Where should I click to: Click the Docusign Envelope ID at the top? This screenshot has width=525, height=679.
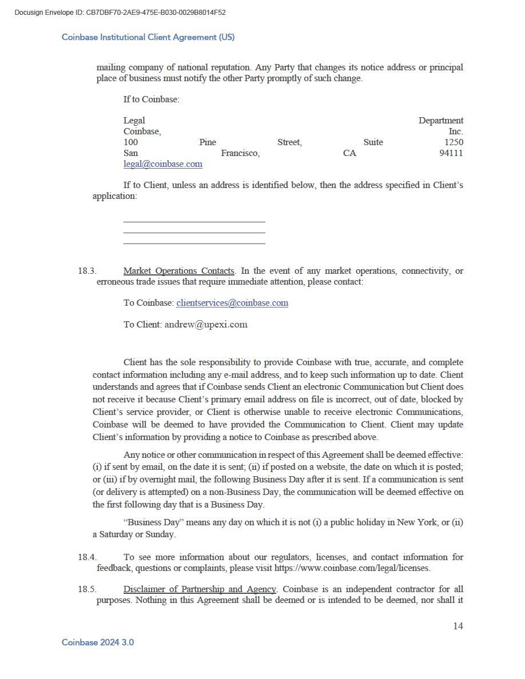pyautogui.click(x=120, y=13)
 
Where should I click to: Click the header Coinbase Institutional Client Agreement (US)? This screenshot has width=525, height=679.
pyautogui.click(x=148, y=37)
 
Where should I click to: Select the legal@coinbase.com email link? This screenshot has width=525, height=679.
pyautogui.click(x=163, y=164)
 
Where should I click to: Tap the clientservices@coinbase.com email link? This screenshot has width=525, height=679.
pyautogui.click(x=232, y=303)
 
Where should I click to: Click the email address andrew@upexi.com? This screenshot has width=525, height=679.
pyautogui.click(x=206, y=325)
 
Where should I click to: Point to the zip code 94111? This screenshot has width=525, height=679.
pyautogui.click(x=451, y=153)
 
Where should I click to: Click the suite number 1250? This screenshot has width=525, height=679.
pyautogui.click(x=454, y=142)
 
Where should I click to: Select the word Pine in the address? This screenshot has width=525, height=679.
pyautogui.click(x=208, y=142)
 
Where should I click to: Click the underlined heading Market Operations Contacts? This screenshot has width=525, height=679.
pyautogui.click(x=178, y=271)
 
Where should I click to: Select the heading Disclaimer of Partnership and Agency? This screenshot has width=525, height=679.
pyautogui.click(x=200, y=589)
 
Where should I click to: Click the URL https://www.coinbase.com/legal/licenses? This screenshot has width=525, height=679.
pyautogui.click(x=352, y=569)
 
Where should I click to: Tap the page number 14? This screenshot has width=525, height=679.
pyautogui.click(x=458, y=626)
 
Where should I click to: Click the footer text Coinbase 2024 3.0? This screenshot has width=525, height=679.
pyautogui.click(x=98, y=642)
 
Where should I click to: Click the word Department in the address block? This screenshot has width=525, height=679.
pyautogui.click(x=441, y=121)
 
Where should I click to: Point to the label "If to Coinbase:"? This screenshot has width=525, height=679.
pyautogui.click(x=152, y=99)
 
